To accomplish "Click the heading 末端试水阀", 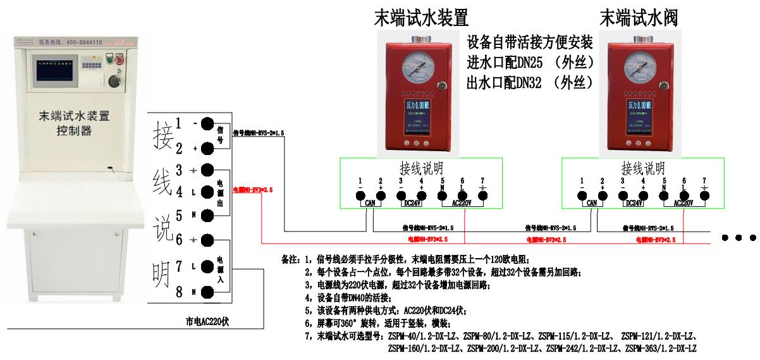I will [x=639, y=16].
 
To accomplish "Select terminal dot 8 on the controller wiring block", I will [x=207, y=291].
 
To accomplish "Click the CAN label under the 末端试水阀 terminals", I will [x=592, y=203].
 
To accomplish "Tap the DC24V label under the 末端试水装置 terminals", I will [x=412, y=203].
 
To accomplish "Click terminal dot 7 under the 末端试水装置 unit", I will [x=483, y=194].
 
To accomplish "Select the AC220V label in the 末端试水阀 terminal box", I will [x=684, y=203].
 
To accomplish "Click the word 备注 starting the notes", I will [x=288, y=260].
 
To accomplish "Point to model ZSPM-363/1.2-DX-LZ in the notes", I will [x=661, y=349].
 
